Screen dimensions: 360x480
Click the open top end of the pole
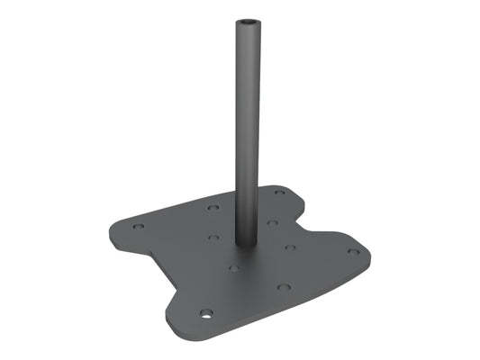coord(247,20)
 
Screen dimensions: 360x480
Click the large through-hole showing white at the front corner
coord(207,315)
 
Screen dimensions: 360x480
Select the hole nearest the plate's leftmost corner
coord(138,226)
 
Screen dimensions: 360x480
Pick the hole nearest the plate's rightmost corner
coord(353,252)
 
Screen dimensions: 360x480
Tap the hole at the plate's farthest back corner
coord(279,193)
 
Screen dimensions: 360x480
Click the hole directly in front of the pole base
coord(233,267)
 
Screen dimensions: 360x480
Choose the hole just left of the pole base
coord(213,238)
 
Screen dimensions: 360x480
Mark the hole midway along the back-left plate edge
coord(212,207)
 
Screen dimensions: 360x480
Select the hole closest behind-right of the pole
coord(271,221)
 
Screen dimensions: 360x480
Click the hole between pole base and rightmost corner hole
coord(290,247)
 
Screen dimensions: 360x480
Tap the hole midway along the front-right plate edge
coord(284,287)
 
